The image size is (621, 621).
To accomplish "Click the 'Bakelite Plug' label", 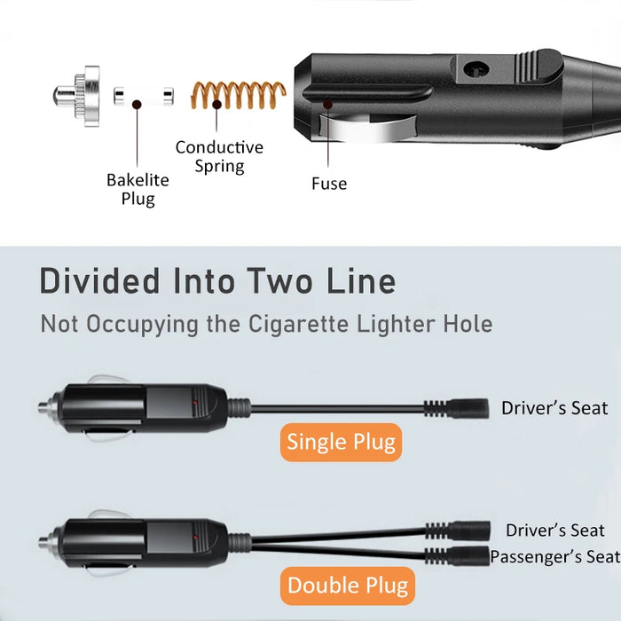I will tap(138, 189).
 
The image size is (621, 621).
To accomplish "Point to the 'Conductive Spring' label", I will tap(219, 156).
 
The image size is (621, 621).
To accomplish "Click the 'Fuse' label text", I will tap(328, 184).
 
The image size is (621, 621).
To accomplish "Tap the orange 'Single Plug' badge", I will tap(341, 442).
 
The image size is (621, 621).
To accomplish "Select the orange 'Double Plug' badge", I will tap(348, 586).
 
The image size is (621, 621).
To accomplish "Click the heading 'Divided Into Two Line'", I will tap(217, 281).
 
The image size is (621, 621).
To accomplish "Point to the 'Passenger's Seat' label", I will tap(554, 557).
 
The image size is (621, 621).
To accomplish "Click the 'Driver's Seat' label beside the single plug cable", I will tap(554, 408).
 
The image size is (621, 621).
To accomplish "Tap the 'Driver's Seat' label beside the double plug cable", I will tap(554, 531).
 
